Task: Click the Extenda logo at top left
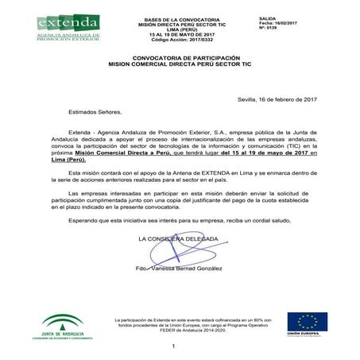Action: tap(68, 30)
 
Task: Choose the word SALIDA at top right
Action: tap(269, 17)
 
